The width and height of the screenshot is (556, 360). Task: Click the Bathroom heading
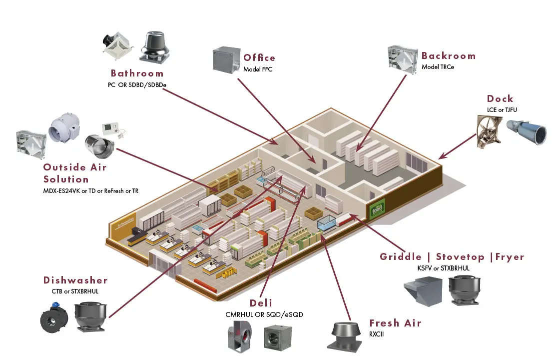point(137,73)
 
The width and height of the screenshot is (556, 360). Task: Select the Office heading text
point(259,58)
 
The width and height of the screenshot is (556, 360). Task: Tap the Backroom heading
point(448,56)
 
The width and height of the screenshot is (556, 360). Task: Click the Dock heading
point(500,99)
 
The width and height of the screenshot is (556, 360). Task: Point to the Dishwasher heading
point(75,280)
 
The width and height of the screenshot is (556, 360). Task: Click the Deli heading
point(261,303)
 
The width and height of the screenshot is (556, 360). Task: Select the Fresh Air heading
point(395,323)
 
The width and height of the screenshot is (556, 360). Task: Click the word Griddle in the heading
point(401,257)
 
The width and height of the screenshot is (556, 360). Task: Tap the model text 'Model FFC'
point(258,69)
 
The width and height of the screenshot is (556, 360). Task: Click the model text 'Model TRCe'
point(438,67)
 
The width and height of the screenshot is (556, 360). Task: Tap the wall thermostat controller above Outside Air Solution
point(110,128)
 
